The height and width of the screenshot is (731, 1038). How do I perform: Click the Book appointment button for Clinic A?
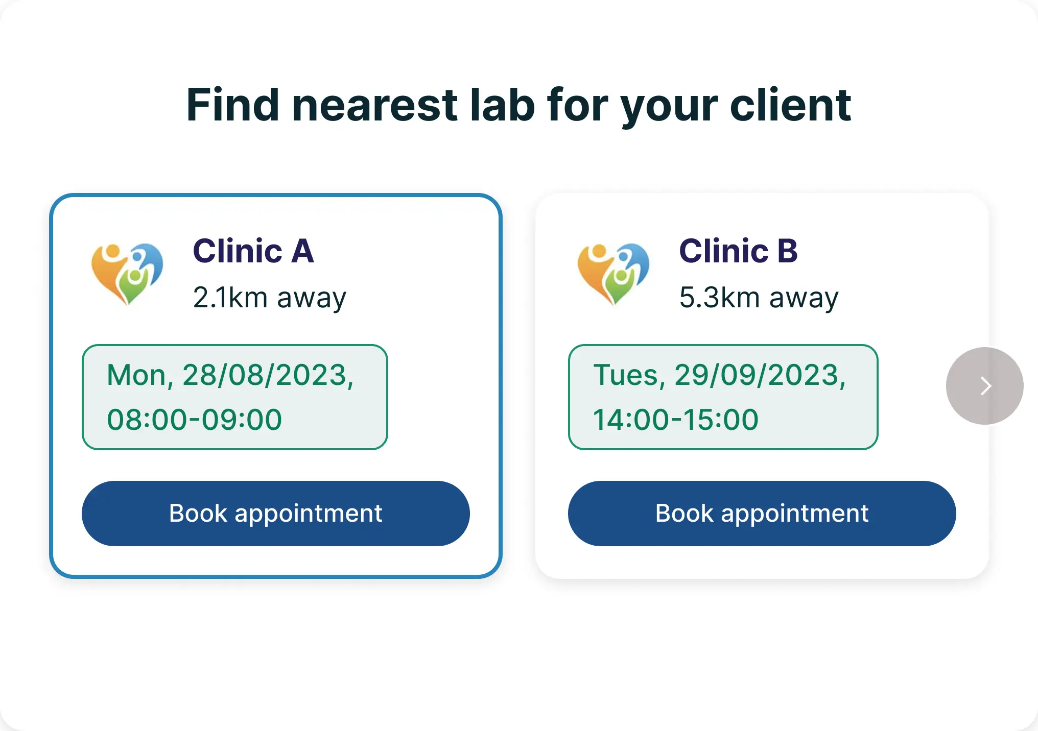coord(275,513)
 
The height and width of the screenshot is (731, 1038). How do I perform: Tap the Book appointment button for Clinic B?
coord(762,513)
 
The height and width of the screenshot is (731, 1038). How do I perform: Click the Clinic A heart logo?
coord(127,274)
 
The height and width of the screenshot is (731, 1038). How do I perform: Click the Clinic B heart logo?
coord(614,274)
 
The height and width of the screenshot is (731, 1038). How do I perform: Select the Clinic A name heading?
coord(253,251)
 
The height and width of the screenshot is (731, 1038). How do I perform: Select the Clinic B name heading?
coord(738,251)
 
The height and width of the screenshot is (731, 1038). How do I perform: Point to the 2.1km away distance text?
coord(270,298)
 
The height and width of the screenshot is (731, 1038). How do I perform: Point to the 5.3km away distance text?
coord(759,298)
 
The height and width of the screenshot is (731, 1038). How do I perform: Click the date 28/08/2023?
coord(265,375)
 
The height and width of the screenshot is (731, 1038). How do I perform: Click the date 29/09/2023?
coord(757,375)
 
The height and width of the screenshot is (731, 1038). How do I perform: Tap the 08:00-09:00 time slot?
coord(194,420)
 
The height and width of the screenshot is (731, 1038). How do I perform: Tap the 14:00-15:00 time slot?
coord(675,420)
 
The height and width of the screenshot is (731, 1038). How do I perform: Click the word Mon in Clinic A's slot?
coord(136,375)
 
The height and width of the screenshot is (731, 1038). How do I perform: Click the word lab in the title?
coord(502,105)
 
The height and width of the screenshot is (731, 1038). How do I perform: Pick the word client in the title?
coord(791,105)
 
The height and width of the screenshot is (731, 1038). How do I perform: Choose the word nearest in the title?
coord(375,106)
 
